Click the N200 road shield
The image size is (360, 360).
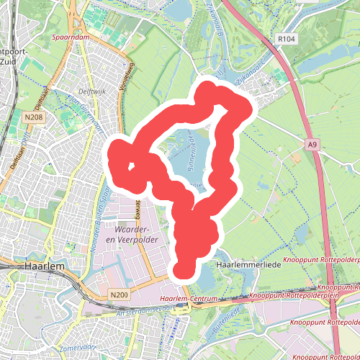[x=120, y=295]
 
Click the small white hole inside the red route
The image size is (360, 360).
[x=131, y=167]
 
